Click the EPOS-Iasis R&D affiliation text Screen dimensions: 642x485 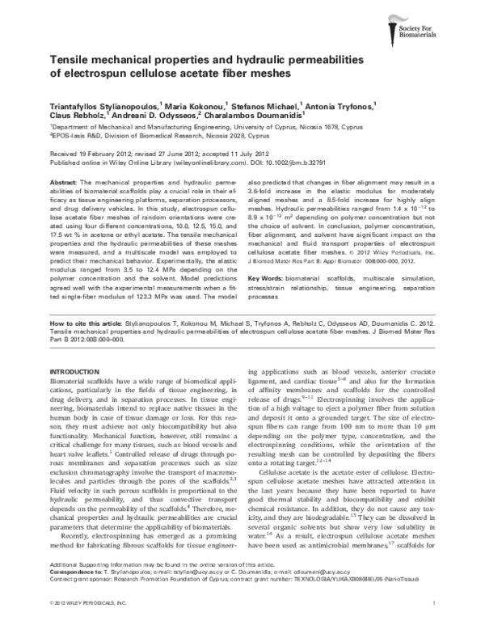[x=82, y=137]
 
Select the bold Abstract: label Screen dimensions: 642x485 [x=65, y=185]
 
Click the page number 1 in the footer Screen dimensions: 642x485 [x=434, y=627]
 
